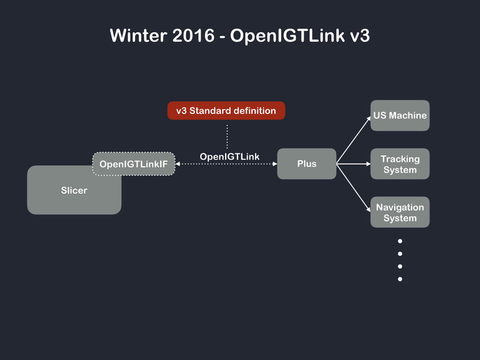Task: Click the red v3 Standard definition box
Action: pos(226,110)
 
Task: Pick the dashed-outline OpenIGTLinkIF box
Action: pos(133,163)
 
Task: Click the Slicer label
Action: pos(74,191)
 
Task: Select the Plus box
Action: pos(307,164)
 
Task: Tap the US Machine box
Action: pos(400,115)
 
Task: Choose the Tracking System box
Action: pos(400,164)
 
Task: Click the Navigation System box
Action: pos(400,212)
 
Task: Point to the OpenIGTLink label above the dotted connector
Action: pos(229,157)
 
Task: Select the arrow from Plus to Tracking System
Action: pos(354,163)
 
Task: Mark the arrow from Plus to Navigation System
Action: pos(354,187)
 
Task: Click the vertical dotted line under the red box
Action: pos(227,136)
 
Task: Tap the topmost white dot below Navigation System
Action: pos(400,241)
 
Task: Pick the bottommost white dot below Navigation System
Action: pos(400,279)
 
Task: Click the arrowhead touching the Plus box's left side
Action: pos(274,163)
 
